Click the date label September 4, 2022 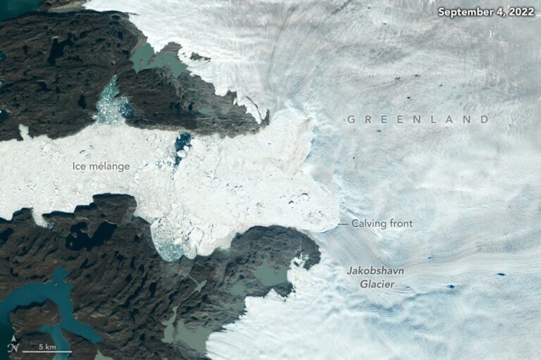485,12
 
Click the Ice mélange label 101,166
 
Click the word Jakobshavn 373,271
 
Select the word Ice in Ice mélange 79,166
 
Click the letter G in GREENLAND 351,120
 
